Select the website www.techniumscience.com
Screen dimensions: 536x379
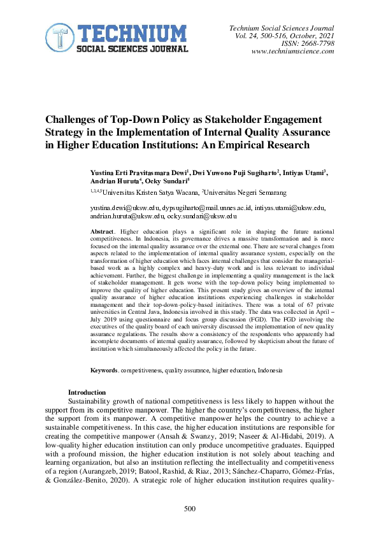pyautogui.click(x=293, y=52)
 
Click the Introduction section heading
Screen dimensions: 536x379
pyautogui.click(x=87, y=392)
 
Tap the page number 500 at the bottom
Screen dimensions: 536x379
pyautogui.click(x=190, y=509)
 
